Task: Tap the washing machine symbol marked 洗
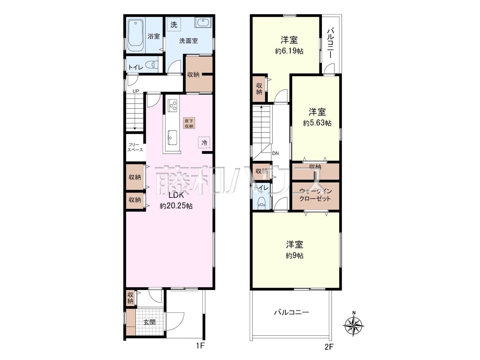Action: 174,24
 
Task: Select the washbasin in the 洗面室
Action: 203,22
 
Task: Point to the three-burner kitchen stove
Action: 172,106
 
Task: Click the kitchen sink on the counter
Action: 172,138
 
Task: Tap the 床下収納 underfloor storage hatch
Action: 189,123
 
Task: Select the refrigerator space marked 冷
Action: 204,143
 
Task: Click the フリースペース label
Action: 135,147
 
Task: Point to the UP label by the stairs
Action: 136,91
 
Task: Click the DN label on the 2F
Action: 276,153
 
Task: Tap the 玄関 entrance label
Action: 150,322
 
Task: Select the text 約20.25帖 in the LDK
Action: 176,206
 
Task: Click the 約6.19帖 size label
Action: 289,51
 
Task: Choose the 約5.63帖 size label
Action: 317,123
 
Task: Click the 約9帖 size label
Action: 294,255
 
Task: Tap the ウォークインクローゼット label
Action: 315,195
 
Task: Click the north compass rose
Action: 354,325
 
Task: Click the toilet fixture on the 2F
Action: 261,203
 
